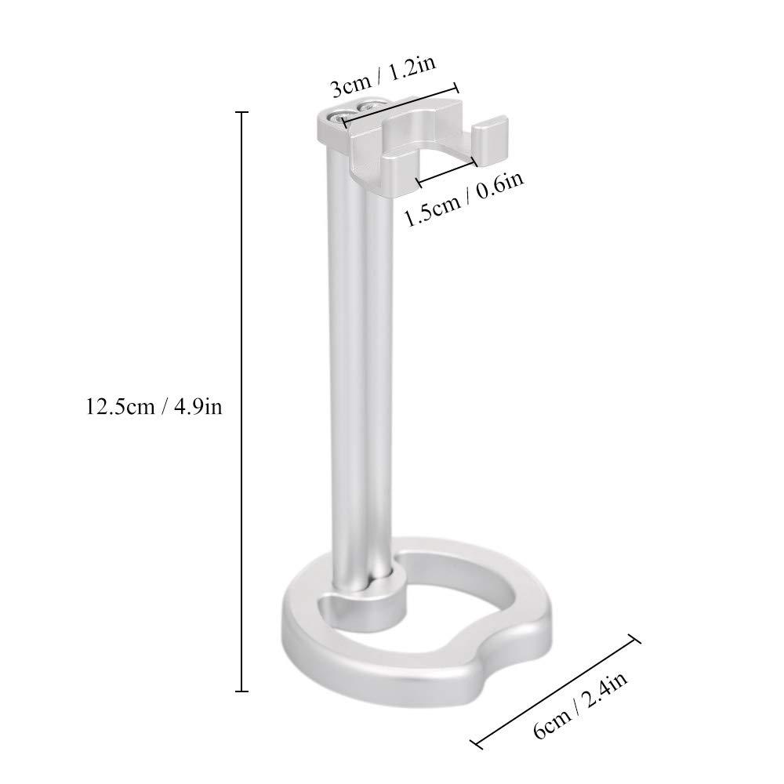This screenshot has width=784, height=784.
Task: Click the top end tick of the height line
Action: click(241, 113)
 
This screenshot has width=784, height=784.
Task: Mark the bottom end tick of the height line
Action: click(241, 691)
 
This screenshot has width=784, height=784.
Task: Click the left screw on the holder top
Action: click(343, 116)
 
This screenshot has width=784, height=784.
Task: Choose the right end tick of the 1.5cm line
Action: click(474, 162)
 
